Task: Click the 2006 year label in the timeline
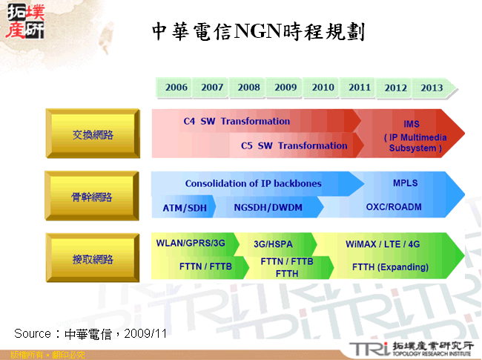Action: pos(176,88)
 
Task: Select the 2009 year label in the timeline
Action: pos(285,88)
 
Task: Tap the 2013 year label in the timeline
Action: pos(432,88)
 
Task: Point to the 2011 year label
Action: pos(360,88)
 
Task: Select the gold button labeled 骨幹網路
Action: pos(93,197)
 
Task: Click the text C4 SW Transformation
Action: pos(237,121)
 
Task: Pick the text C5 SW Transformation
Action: pos(294,145)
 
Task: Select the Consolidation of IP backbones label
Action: pos(254,183)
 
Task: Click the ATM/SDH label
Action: pos(183,208)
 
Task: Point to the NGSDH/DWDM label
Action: pos(268,208)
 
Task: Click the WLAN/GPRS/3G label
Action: pos(191,243)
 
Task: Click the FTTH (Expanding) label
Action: pos(390,267)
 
